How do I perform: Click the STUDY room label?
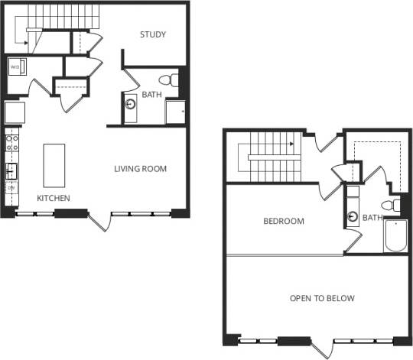[153, 34]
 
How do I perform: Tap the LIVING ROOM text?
[140, 169]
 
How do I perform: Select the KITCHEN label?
[54, 199]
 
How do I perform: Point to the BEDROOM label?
[283, 222]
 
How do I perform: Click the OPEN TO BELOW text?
[321, 298]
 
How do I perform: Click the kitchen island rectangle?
[54, 165]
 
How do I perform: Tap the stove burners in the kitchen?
[12, 142]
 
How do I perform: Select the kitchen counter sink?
[11, 169]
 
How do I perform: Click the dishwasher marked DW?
[11, 186]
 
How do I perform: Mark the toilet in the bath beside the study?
[167, 79]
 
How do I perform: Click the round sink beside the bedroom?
[351, 216]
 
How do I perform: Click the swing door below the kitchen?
[99, 222]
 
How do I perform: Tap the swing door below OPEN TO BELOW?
[322, 348]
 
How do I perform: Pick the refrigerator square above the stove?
[15, 113]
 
